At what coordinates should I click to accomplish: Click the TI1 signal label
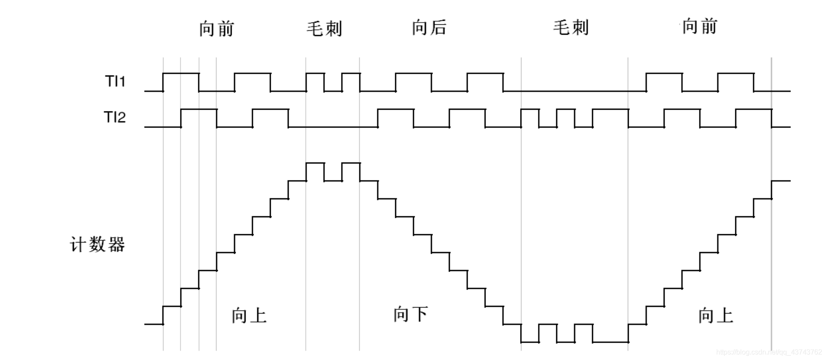pyautogui.click(x=115, y=82)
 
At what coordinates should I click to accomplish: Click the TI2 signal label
pyautogui.click(x=115, y=117)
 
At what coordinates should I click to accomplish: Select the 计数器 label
pyautogui.click(x=97, y=245)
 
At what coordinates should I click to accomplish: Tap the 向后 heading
pyautogui.click(x=429, y=27)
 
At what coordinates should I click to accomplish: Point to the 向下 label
pyautogui.click(x=410, y=314)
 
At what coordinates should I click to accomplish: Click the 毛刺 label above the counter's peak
pyautogui.click(x=324, y=29)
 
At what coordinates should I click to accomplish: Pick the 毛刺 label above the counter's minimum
pyautogui.click(x=570, y=27)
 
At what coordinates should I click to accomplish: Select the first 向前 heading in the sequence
pyautogui.click(x=216, y=29)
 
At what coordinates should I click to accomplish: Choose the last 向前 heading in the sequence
pyautogui.click(x=699, y=26)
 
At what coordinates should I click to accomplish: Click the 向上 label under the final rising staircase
pyautogui.click(x=715, y=315)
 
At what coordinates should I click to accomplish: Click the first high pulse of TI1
pyautogui.click(x=181, y=74)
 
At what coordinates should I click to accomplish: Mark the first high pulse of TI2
pyautogui.click(x=199, y=109)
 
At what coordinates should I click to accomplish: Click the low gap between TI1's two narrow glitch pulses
pyautogui.click(x=333, y=91)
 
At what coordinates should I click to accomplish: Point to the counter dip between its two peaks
pyautogui.click(x=333, y=181)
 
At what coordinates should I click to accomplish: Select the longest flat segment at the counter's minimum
pyautogui.click(x=610, y=342)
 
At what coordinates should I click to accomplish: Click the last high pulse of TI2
pyautogui.click(x=754, y=109)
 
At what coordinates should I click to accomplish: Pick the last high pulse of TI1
pyautogui.click(x=736, y=74)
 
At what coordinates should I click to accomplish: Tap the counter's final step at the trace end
pyautogui.click(x=781, y=181)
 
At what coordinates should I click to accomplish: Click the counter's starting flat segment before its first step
pyautogui.click(x=154, y=324)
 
